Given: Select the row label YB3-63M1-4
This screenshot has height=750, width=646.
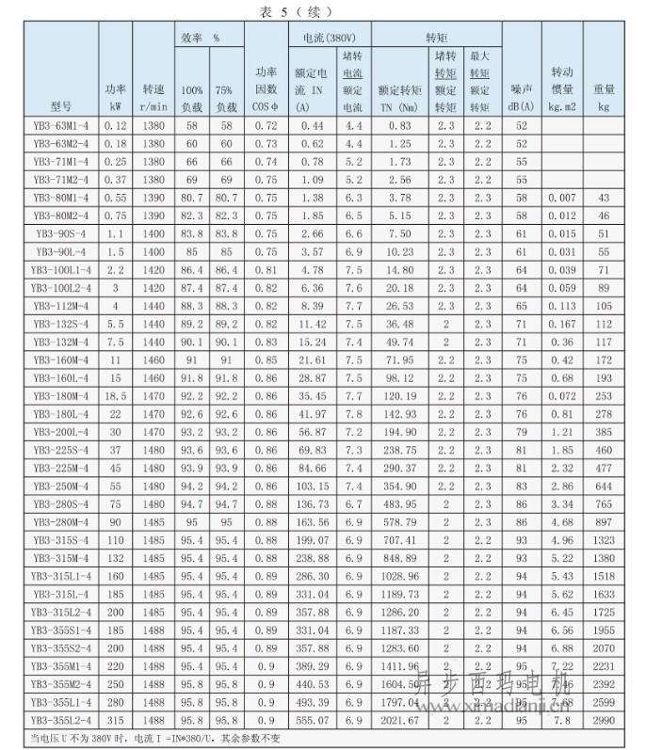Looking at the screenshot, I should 61,125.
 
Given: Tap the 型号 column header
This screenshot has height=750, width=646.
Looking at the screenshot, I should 61,106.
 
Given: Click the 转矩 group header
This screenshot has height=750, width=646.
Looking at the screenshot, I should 436,38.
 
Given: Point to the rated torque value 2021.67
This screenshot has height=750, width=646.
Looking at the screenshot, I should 399,720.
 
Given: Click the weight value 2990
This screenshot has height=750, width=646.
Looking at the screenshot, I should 604,720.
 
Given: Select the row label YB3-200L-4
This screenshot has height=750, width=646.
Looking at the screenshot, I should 61,432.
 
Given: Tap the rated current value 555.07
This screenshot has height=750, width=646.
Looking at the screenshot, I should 312,720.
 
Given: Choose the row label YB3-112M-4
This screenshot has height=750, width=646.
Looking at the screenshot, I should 61,306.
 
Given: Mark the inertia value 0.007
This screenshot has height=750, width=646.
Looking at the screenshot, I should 561,198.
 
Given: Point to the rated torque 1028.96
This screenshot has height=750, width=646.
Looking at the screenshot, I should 399,576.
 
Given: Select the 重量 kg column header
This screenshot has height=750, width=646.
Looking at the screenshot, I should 604,98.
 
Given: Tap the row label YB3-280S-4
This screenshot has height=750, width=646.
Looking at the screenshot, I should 61,504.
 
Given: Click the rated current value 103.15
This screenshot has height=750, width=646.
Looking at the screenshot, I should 312,487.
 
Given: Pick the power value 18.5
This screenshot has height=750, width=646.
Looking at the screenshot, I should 116,396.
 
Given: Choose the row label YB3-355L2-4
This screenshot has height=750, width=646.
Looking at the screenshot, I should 61,720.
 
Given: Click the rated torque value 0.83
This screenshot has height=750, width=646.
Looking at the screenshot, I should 399,125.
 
